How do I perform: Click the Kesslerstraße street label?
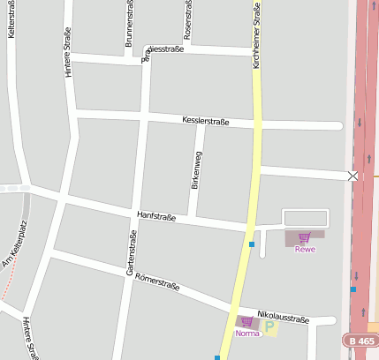[206, 121]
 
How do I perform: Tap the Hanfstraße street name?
[156, 216]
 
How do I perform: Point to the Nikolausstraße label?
[283, 315]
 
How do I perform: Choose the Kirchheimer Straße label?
[256, 35]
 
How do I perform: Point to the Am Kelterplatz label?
[15, 244]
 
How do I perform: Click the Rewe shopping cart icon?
[305, 237]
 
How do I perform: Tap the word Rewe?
[305, 250]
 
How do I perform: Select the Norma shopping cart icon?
[247, 321]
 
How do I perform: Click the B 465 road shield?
[360, 340]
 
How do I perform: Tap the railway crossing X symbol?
[353, 176]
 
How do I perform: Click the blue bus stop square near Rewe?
[252, 244]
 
